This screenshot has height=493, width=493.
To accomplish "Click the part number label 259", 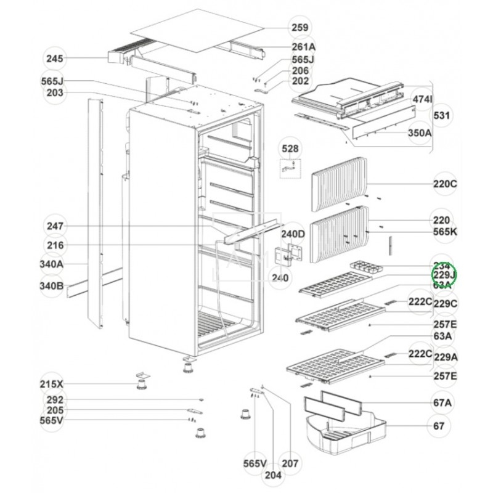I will [x=301, y=27].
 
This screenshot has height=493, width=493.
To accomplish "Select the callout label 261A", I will [x=303, y=47].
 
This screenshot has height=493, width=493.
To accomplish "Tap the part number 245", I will [x=55, y=59].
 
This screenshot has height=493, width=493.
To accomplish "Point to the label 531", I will [x=442, y=115].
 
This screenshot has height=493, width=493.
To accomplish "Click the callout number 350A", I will [x=418, y=132].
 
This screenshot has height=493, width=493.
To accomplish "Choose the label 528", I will [x=289, y=149].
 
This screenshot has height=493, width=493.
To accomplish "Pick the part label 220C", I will [x=445, y=184].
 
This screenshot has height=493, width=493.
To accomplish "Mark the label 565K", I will [x=445, y=233].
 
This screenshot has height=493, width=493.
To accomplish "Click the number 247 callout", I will [x=55, y=226].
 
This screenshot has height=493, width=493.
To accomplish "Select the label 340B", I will [x=52, y=285].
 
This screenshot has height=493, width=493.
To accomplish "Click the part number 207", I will [x=290, y=463].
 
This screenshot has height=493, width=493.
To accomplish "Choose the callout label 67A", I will [x=441, y=403].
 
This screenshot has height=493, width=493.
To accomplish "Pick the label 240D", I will [x=293, y=234].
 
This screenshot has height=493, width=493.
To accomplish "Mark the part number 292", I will [x=55, y=400].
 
